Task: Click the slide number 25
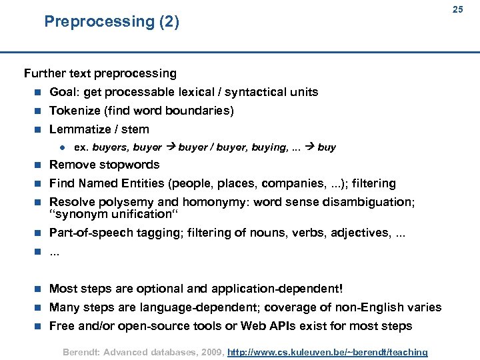click(x=457, y=9)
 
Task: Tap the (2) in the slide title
click(x=168, y=22)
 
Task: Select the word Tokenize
click(x=75, y=111)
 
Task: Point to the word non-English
click(x=376, y=307)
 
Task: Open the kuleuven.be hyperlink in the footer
click(x=327, y=351)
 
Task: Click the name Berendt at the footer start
click(x=79, y=351)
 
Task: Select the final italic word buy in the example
click(x=327, y=147)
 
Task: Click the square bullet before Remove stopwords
click(x=38, y=165)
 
